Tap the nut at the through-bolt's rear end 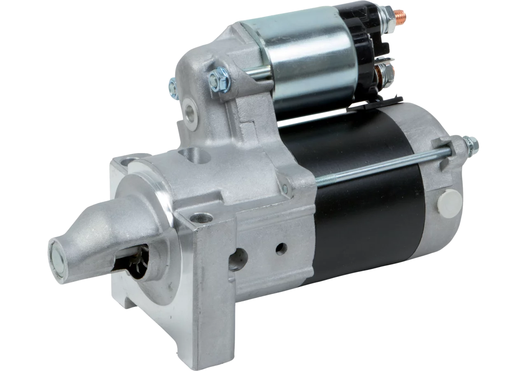point(473,143)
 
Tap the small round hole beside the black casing point(282,249)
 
